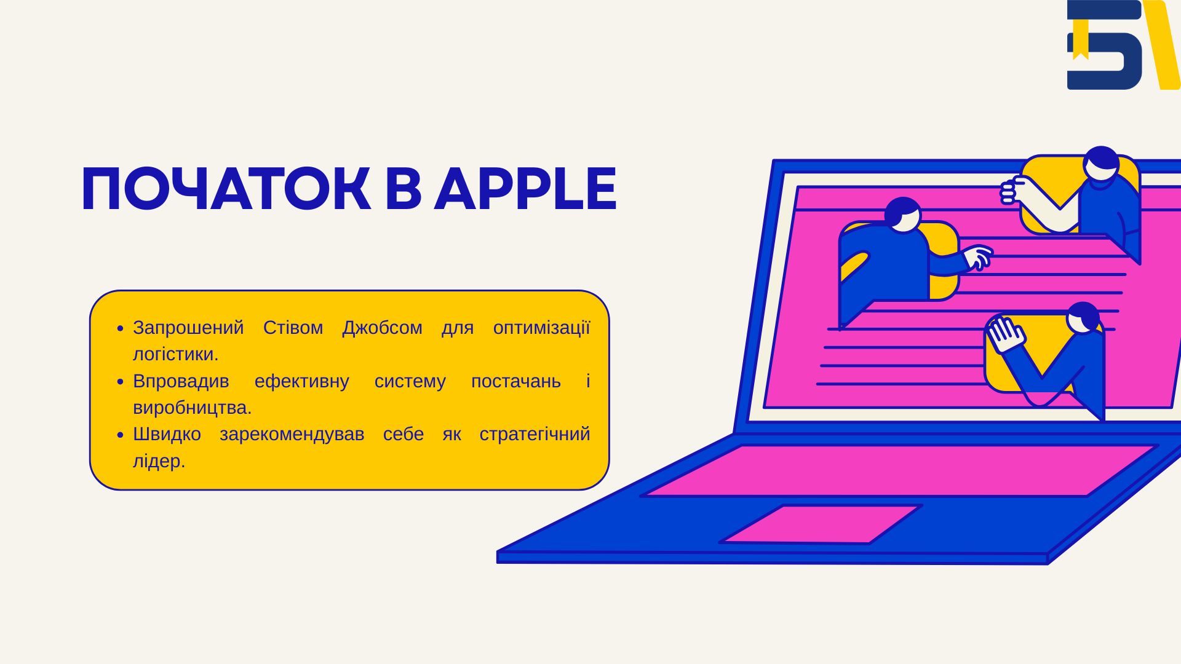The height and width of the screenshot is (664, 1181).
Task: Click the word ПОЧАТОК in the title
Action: click(226, 189)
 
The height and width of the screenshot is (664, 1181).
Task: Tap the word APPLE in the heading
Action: click(525, 189)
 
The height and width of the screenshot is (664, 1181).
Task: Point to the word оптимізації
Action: click(541, 328)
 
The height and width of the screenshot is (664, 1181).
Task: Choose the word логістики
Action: click(176, 354)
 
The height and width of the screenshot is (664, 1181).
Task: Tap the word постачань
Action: click(515, 382)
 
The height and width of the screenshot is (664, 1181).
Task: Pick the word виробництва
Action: click(193, 408)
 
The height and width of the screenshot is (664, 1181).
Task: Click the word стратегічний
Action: click(535, 435)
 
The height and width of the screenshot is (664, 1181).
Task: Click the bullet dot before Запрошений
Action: click(121, 329)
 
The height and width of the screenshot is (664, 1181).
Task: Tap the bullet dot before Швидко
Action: click(121, 435)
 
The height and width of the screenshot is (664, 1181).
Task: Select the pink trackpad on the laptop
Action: click(821, 524)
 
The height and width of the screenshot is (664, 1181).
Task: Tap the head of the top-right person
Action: click(1101, 163)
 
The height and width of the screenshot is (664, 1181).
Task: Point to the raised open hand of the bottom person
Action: click(1005, 334)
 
